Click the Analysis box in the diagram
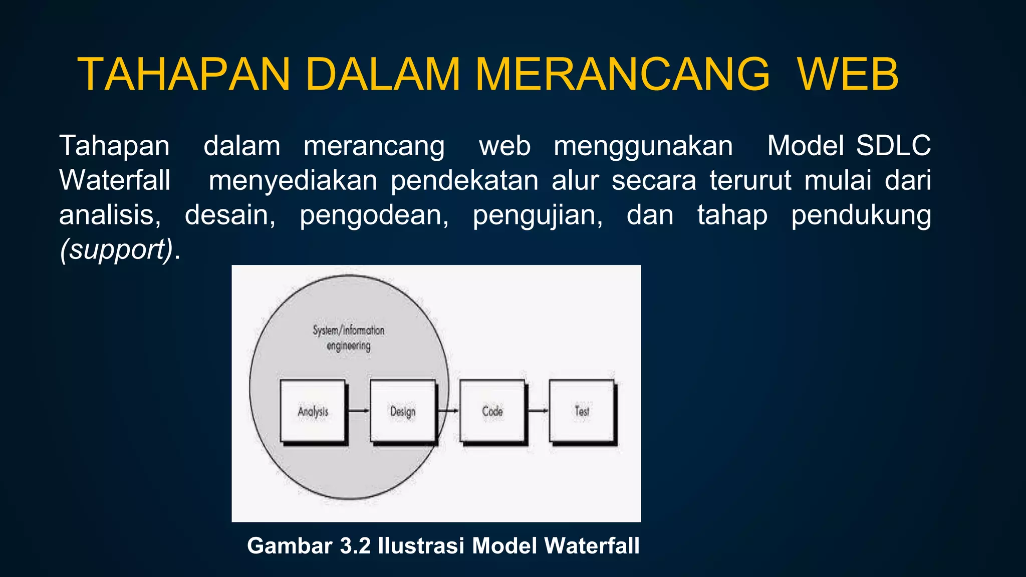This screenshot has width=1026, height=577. tap(313, 411)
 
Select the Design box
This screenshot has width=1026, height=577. tap(403, 411)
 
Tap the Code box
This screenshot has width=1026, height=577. tap(492, 411)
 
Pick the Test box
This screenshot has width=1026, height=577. tap(582, 411)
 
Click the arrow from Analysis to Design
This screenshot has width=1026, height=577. tap(358, 411)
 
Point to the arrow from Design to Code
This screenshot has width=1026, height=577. tap(448, 411)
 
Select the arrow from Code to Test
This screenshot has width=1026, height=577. tap(538, 411)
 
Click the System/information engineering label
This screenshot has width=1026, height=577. tap(349, 338)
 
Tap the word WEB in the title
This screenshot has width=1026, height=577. tap(848, 75)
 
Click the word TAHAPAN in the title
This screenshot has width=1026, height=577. tap(184, 75)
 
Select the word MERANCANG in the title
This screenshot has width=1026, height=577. tap(622, 75)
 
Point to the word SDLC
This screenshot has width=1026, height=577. tap(893, 146)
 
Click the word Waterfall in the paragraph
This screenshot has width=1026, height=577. tap(115, 180)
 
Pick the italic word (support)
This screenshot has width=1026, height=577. tap(116, 249)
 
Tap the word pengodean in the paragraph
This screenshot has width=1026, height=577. tap(374, 215)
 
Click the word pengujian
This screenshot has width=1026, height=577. tap(538, 215)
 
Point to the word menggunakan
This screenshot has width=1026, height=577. tap(643, 146)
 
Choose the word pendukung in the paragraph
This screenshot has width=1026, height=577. tap(861, 215)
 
